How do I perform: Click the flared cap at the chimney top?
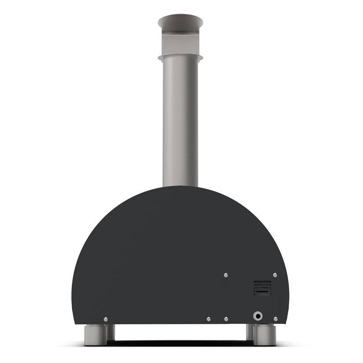[180, 21]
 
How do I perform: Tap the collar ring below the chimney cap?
[180, 58]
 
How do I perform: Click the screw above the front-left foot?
[106, 319]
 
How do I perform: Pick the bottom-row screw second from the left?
[209, 319]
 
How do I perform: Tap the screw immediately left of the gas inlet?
[226, 319]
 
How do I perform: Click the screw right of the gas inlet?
[275, 319]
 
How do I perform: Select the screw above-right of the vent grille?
[275, 275]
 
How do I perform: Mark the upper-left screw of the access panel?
[226, 275]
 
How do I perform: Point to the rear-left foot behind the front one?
[110, 332]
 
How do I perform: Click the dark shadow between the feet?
[180, 341]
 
